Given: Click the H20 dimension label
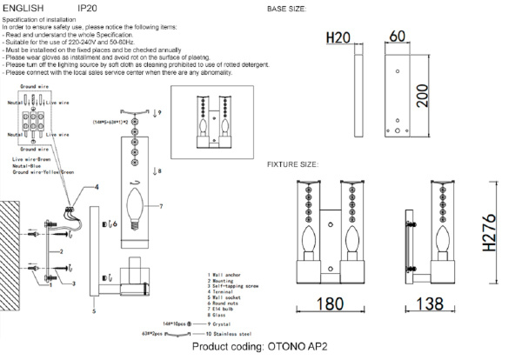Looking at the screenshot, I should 338,38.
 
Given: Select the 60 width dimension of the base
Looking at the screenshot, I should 398,37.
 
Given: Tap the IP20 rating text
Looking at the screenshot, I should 87,8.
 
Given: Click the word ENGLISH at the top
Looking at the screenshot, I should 23,8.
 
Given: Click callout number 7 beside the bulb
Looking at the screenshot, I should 161,205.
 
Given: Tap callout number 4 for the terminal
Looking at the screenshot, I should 97,187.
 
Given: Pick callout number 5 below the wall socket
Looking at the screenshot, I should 91,308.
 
